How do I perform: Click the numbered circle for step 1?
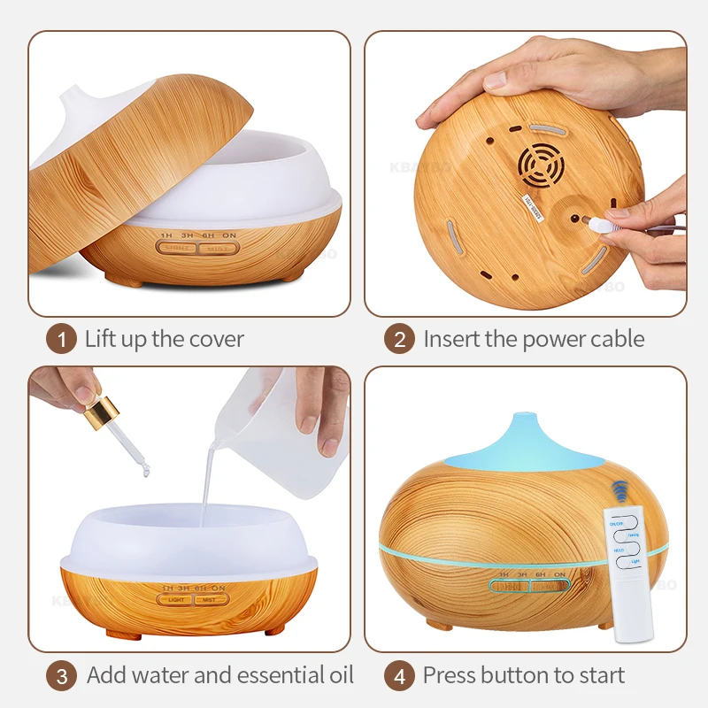tap(62, 339)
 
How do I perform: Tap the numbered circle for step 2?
tap(399, 339)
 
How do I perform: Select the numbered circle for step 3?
tap(62, 676)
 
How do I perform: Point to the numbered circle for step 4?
tap(399, 676)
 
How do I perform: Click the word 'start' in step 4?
tap(597, 676)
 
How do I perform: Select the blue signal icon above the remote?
tap(620, 492)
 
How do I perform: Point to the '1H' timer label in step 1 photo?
tap(165, 236)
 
